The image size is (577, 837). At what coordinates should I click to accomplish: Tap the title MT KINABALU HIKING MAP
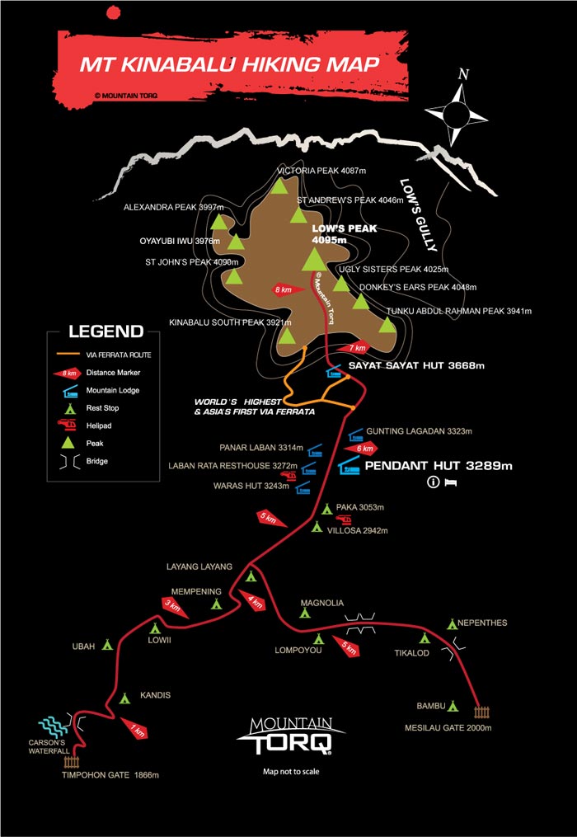(x=230, y=64)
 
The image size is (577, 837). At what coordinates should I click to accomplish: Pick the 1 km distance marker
(x=135, y=729)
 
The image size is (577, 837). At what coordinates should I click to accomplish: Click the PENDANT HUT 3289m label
(x=439, y=467)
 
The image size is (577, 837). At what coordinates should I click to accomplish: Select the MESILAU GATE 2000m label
(x=448, y=728)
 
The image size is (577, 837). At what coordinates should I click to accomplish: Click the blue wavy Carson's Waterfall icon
(x=57, y=726)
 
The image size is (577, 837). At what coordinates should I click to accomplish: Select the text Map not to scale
(x=290, y=772)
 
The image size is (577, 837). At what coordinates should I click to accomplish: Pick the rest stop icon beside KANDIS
(x=124, y=698)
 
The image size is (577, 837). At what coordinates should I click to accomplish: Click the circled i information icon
(x=431, y=482)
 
